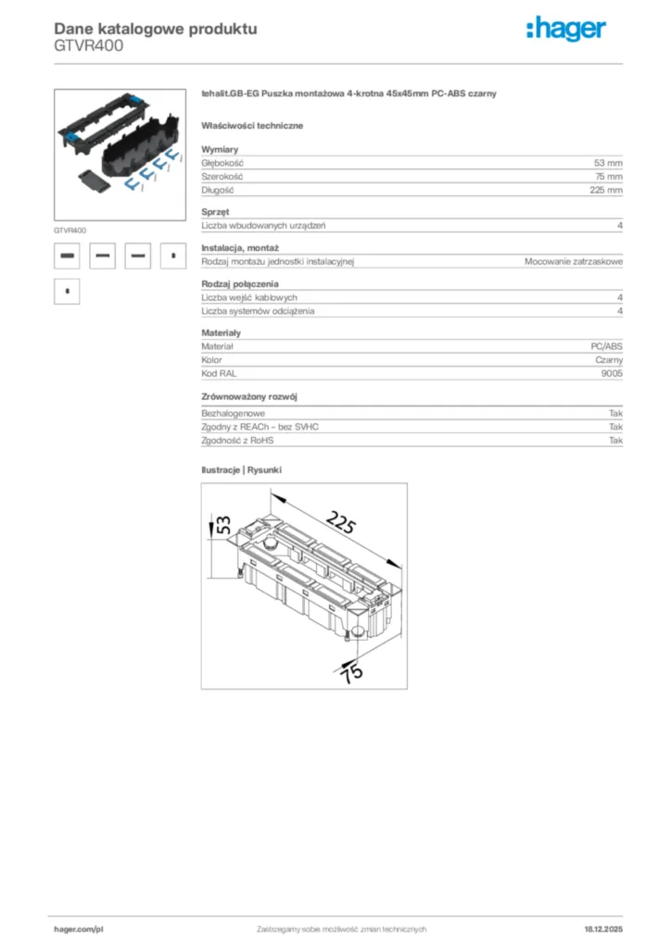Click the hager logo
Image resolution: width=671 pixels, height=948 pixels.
[566, 31]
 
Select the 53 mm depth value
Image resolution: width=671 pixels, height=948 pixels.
[608, 162]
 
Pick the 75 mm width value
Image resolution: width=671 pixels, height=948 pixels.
[608, 176]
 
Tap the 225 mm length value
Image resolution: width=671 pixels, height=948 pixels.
[606, 190]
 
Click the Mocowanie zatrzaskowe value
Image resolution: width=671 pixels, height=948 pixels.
[573, 262]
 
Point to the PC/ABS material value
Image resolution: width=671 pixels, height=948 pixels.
[606, 345]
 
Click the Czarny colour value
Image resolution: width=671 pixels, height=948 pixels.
[609, 359]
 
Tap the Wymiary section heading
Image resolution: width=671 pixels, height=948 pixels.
[220, 149]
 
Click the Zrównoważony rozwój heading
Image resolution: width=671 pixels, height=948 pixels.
[249, 396]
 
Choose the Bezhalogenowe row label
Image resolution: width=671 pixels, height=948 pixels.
[234, 414]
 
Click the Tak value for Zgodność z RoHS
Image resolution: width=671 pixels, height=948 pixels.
[615, 441]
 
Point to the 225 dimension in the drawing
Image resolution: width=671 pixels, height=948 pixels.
[341, 525]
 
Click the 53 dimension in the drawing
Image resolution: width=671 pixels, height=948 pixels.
[223, 524]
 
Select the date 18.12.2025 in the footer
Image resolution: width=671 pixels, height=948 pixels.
[602, 929]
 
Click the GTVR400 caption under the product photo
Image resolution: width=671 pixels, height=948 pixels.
[70, 230]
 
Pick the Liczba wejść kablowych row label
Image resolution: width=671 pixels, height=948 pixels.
[249, 297]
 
